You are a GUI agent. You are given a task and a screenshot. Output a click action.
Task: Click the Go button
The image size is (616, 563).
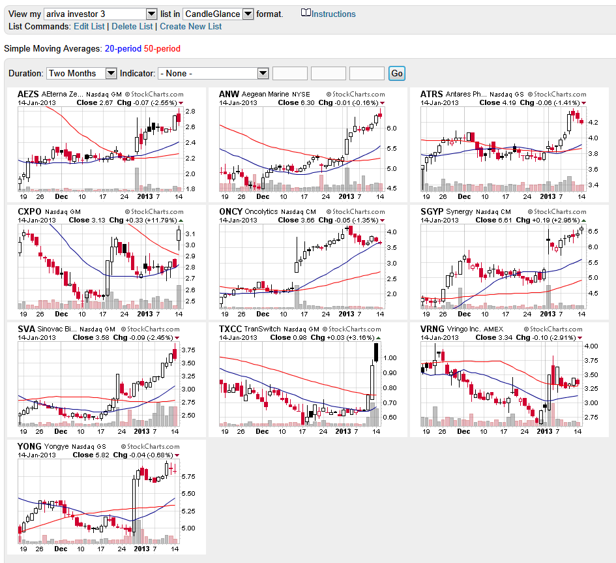tap(396, 74)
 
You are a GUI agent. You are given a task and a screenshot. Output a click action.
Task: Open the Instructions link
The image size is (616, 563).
tap(333, 14)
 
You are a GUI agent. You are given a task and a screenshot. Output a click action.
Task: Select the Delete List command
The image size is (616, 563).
tap(132, 26)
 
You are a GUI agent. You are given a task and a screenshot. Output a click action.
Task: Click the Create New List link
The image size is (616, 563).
tap(190, 26)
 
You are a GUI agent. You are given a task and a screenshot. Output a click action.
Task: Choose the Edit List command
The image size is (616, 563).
tap(89, 26)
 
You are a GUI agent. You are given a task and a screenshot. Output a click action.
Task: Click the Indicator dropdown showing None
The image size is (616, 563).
tap(213, 74)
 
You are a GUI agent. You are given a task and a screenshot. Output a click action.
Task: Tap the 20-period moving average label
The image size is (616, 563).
tap(123, 48)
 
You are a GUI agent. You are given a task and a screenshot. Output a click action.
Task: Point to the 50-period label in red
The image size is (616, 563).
tap(162, 48)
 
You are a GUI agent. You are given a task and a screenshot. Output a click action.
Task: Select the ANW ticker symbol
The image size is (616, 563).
tap(229, 94)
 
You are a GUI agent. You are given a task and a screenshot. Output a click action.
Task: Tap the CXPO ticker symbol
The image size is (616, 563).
tap(29, 211)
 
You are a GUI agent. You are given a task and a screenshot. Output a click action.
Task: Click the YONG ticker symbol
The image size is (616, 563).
tap(29, 446)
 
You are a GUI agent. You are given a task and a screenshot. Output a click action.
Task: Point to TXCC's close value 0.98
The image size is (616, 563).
tap(299, 337)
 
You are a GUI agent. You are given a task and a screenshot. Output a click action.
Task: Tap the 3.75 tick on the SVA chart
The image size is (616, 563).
tap(188, 350)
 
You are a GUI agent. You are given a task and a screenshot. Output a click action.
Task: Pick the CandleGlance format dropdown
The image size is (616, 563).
tap(218, 14)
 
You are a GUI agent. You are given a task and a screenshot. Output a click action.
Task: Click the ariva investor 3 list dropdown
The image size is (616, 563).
tap(100, 14)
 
